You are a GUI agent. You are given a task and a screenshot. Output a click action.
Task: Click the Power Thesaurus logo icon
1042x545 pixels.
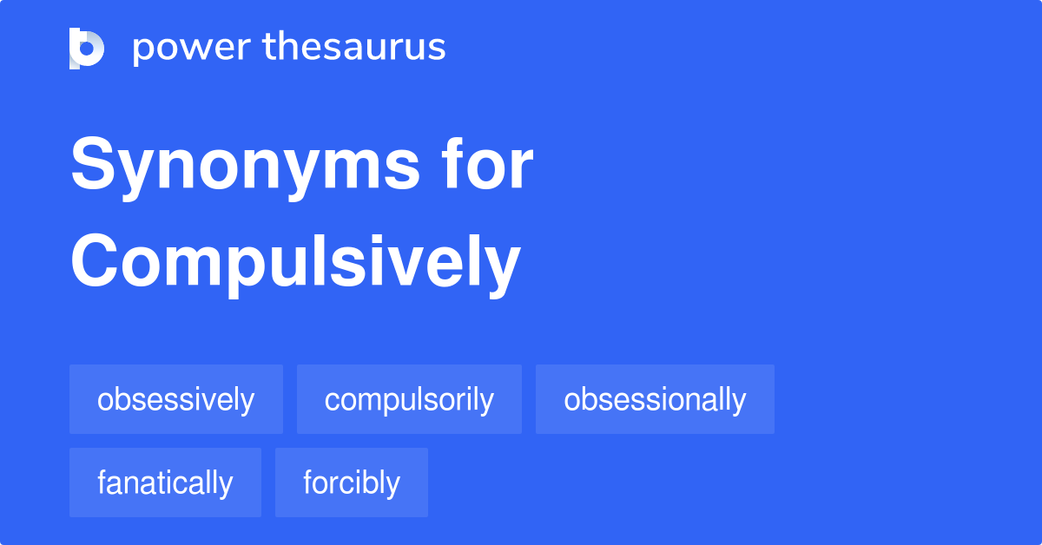pyautogui.click(x=87, y=48)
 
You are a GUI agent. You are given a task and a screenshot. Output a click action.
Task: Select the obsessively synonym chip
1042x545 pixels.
pyautogui.click(x=176, y=399)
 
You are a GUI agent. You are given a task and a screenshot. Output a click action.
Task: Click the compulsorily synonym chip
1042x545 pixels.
pyautogui.click(x=409, y=399)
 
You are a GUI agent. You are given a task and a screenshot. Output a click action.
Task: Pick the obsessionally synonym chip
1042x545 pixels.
pyautogui.click(x=655, y=399)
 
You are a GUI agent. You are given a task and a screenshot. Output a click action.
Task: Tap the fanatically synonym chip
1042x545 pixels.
pyautogui.click(x=165, y=483)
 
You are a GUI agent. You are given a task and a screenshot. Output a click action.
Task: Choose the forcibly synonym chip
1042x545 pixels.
pyautogui.click(x=352, y=483)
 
